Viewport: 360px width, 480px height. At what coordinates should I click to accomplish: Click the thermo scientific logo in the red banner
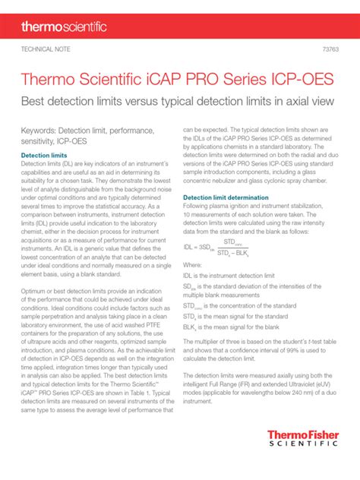coord(64,27)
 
